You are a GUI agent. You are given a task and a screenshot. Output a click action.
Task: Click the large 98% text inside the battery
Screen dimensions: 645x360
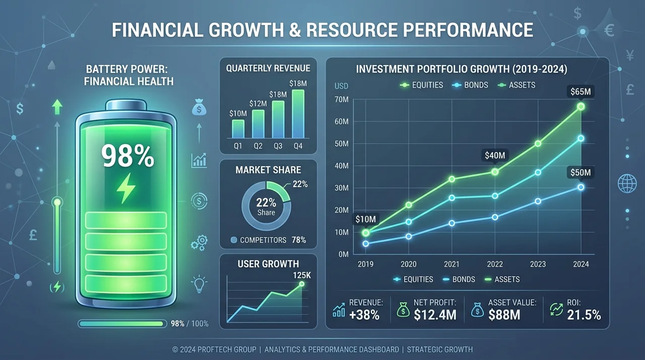[127, 156]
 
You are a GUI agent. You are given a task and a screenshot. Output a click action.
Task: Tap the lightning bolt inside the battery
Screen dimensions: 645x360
[125, 188]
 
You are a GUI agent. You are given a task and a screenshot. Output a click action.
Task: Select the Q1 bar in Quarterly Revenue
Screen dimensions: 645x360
[238, 129]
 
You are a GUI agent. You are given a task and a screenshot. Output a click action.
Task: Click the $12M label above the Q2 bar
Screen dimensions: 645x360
[258, 104]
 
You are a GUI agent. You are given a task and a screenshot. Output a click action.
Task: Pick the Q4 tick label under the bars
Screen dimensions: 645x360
[298, 146]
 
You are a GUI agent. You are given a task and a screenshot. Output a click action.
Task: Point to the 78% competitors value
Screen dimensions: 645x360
[299, 240]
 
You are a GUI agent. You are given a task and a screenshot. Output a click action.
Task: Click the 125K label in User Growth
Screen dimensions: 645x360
[302, 275]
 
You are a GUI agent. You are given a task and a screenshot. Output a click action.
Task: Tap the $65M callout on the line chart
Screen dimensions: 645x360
[580, 92]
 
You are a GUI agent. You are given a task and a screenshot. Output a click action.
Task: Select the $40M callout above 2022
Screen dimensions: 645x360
[495, 155]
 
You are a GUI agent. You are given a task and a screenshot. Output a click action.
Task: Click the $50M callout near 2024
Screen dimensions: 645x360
[580, 172]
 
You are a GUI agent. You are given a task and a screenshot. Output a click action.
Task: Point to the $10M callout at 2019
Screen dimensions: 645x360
[365, 219]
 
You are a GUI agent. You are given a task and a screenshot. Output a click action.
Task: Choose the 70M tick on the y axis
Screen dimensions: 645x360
[342, 100]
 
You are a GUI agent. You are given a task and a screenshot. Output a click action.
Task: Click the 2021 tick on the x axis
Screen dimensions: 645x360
[451, 264]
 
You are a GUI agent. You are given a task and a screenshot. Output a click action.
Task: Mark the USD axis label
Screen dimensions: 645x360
[341, 86]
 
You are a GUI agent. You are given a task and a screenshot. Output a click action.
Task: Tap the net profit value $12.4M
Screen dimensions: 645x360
[435, 315]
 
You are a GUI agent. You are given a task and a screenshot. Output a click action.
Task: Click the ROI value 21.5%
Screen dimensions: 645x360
[584, 315]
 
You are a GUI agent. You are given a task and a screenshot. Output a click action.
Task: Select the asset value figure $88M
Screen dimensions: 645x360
[504, 315]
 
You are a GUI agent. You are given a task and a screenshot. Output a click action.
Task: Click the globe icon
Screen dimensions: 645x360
[627, 184]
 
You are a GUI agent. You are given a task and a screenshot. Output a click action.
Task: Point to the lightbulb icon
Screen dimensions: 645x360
[199, 284]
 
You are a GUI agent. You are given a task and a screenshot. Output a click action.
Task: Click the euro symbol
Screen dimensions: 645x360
[609, 30]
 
